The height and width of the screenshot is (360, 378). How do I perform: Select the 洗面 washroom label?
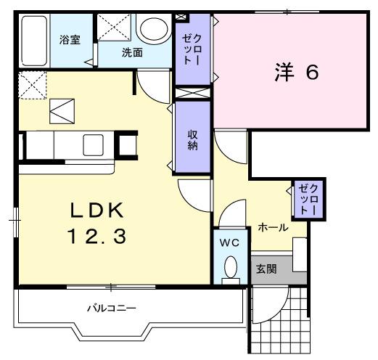point(131,52)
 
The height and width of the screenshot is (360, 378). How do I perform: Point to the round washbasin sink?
point(152,29)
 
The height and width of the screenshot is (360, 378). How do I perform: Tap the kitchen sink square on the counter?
point(94,144)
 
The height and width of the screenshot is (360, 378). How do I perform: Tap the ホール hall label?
point(273,228)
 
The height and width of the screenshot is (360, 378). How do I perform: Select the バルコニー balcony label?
point(112,308)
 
